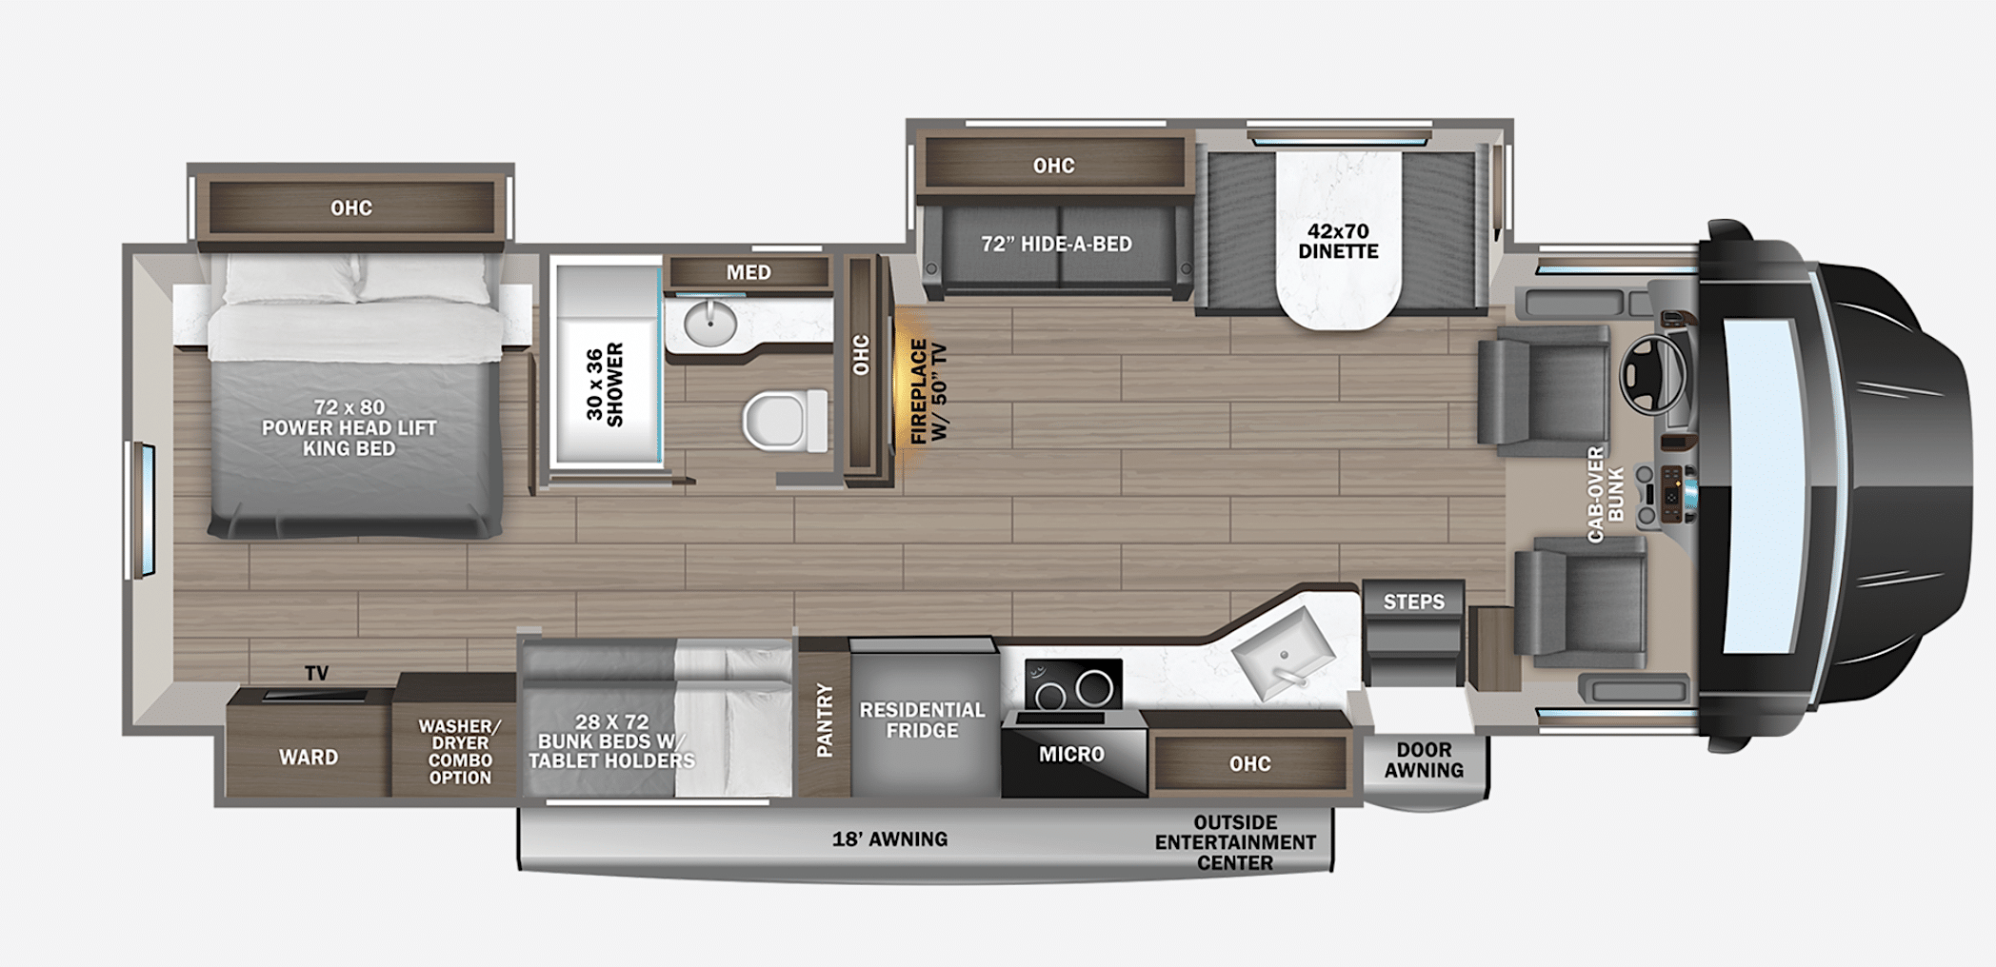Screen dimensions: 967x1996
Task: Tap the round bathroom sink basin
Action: [x=710, y=326]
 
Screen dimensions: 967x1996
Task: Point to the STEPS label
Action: [x=1413, y=602]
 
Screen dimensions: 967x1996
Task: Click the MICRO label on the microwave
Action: [x=1071, y=755]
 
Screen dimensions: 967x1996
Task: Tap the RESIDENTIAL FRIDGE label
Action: [x=922, y=720]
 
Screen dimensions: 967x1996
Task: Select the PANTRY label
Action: [x=825, y=720]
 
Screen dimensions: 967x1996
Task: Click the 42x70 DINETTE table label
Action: [x=1338, y=241]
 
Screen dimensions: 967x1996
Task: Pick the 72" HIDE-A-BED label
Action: [x=1056, y=244]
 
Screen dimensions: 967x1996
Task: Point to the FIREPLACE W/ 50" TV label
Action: [x=928, y=391]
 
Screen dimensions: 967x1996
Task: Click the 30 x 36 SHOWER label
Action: [x=605, y=385]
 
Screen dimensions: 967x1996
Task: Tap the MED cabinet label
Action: [x=748, y=273]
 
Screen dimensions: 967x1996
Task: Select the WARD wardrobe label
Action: [x=308, y=758]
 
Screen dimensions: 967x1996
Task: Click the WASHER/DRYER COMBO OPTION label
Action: [x=460, y=752]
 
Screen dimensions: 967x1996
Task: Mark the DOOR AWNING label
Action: [x=1424, y=760]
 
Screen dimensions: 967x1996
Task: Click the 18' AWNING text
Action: [x=889, y=839]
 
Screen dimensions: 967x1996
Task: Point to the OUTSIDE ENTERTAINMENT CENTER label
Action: [x=1235, y=842]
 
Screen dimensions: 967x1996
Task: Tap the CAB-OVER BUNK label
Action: [x=1606, y=494]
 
